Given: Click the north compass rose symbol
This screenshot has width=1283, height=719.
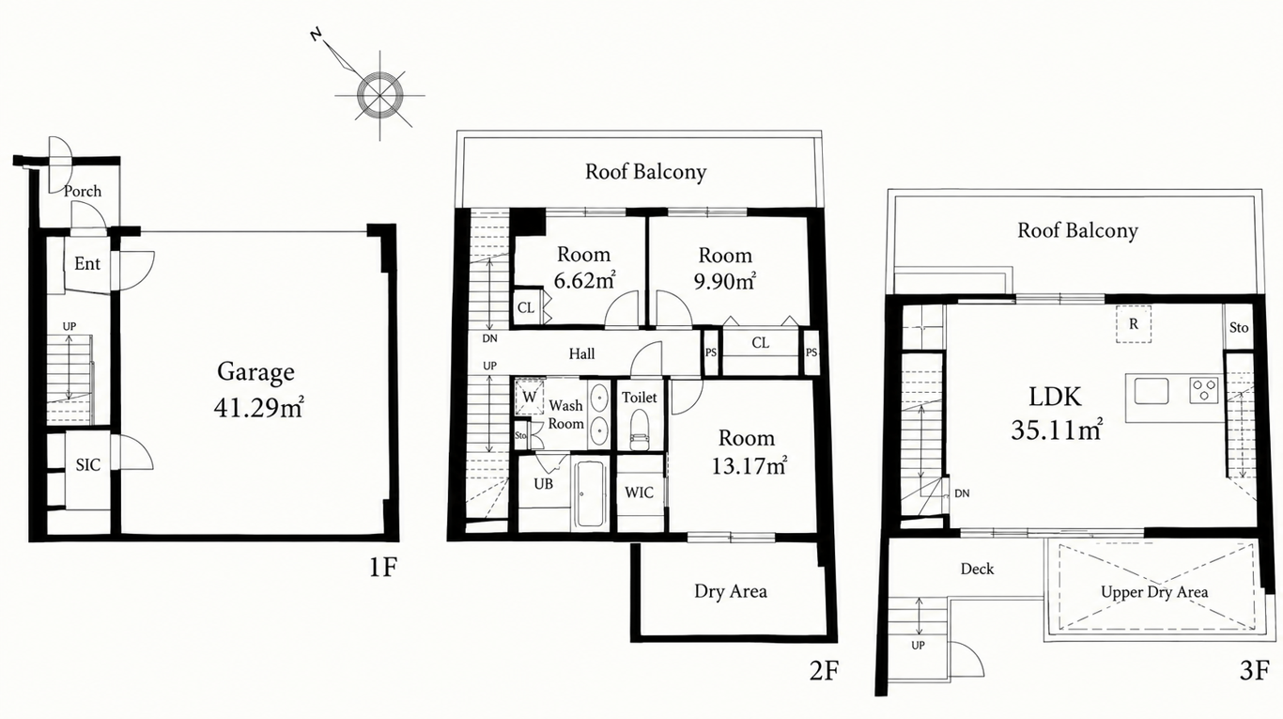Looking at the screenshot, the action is [x=379, y=94].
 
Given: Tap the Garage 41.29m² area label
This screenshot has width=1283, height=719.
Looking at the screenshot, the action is [x=257, y=390].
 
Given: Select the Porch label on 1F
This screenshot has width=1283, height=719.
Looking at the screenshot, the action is [x=82, y=191].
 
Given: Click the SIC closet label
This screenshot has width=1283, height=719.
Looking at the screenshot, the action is [x=87, y=465].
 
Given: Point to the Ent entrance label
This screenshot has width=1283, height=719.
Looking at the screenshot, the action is [x=87, y=264].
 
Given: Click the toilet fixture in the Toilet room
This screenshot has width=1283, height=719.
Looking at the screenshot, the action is [x=640, y=431].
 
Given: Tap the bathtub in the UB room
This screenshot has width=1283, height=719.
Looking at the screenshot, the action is [x=591, y=493].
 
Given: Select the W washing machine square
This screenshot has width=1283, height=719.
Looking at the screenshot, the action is [x=529, y=397].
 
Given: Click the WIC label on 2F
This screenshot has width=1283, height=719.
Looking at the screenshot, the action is [x=639, y=492].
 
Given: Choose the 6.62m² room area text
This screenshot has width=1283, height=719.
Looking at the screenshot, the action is [x=584, y=280].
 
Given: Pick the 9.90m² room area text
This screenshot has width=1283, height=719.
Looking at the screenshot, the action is [x=724, y=281].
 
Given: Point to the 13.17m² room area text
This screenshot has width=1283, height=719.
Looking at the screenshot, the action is [x=749, y=465].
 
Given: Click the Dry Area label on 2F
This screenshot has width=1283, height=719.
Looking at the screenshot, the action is [x=731, y=591].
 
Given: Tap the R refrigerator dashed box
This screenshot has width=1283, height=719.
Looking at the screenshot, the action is [x=1133, y=324].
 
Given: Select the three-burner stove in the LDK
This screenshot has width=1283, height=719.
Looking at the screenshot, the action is [x=1204, y=390].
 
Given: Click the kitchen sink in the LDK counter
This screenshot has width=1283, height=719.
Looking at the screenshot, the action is [x=1152, y=391].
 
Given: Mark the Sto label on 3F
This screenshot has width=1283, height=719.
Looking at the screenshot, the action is [x=1238, y=328].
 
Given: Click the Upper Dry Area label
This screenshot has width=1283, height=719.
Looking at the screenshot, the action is [x=1154, y=592].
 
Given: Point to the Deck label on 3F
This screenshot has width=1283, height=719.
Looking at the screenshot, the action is [x=977, y=569].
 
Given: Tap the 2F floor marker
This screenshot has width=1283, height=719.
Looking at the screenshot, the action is [x=824, y=670].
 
